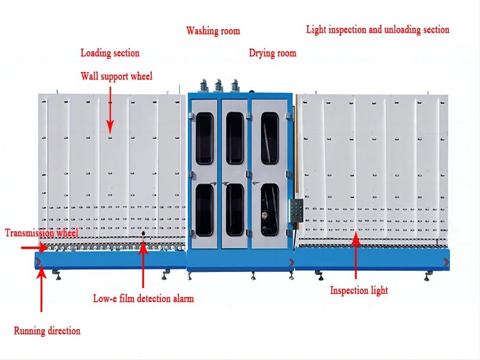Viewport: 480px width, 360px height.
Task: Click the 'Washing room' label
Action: pyautogui.click(x=212, y=31)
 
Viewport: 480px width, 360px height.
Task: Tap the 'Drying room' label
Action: pyautogui.click(x=272, y=53)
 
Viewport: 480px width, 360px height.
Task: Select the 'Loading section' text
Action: pyautogui.click(x=110, y=53)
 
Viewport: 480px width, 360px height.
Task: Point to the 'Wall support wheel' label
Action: pyautogui.click(x=116, y=76)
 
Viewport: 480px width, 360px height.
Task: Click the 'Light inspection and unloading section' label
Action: pyautogui.click(x=377, y=29)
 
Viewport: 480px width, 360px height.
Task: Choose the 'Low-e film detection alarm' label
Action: pyautogui.click(x=143, y=298)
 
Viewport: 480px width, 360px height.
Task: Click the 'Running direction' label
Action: pyautogui.click(x=47, y=331)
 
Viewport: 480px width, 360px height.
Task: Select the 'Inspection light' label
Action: pyautogui.click(x=359, y=290)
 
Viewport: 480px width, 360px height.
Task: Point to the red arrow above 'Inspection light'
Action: pyautogui.click(x=355, y=258)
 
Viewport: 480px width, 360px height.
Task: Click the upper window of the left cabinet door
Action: pyautogui.click(x=205, y=138)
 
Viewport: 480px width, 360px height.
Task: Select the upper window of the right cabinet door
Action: pyautogui.click(x=269, y=138)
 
